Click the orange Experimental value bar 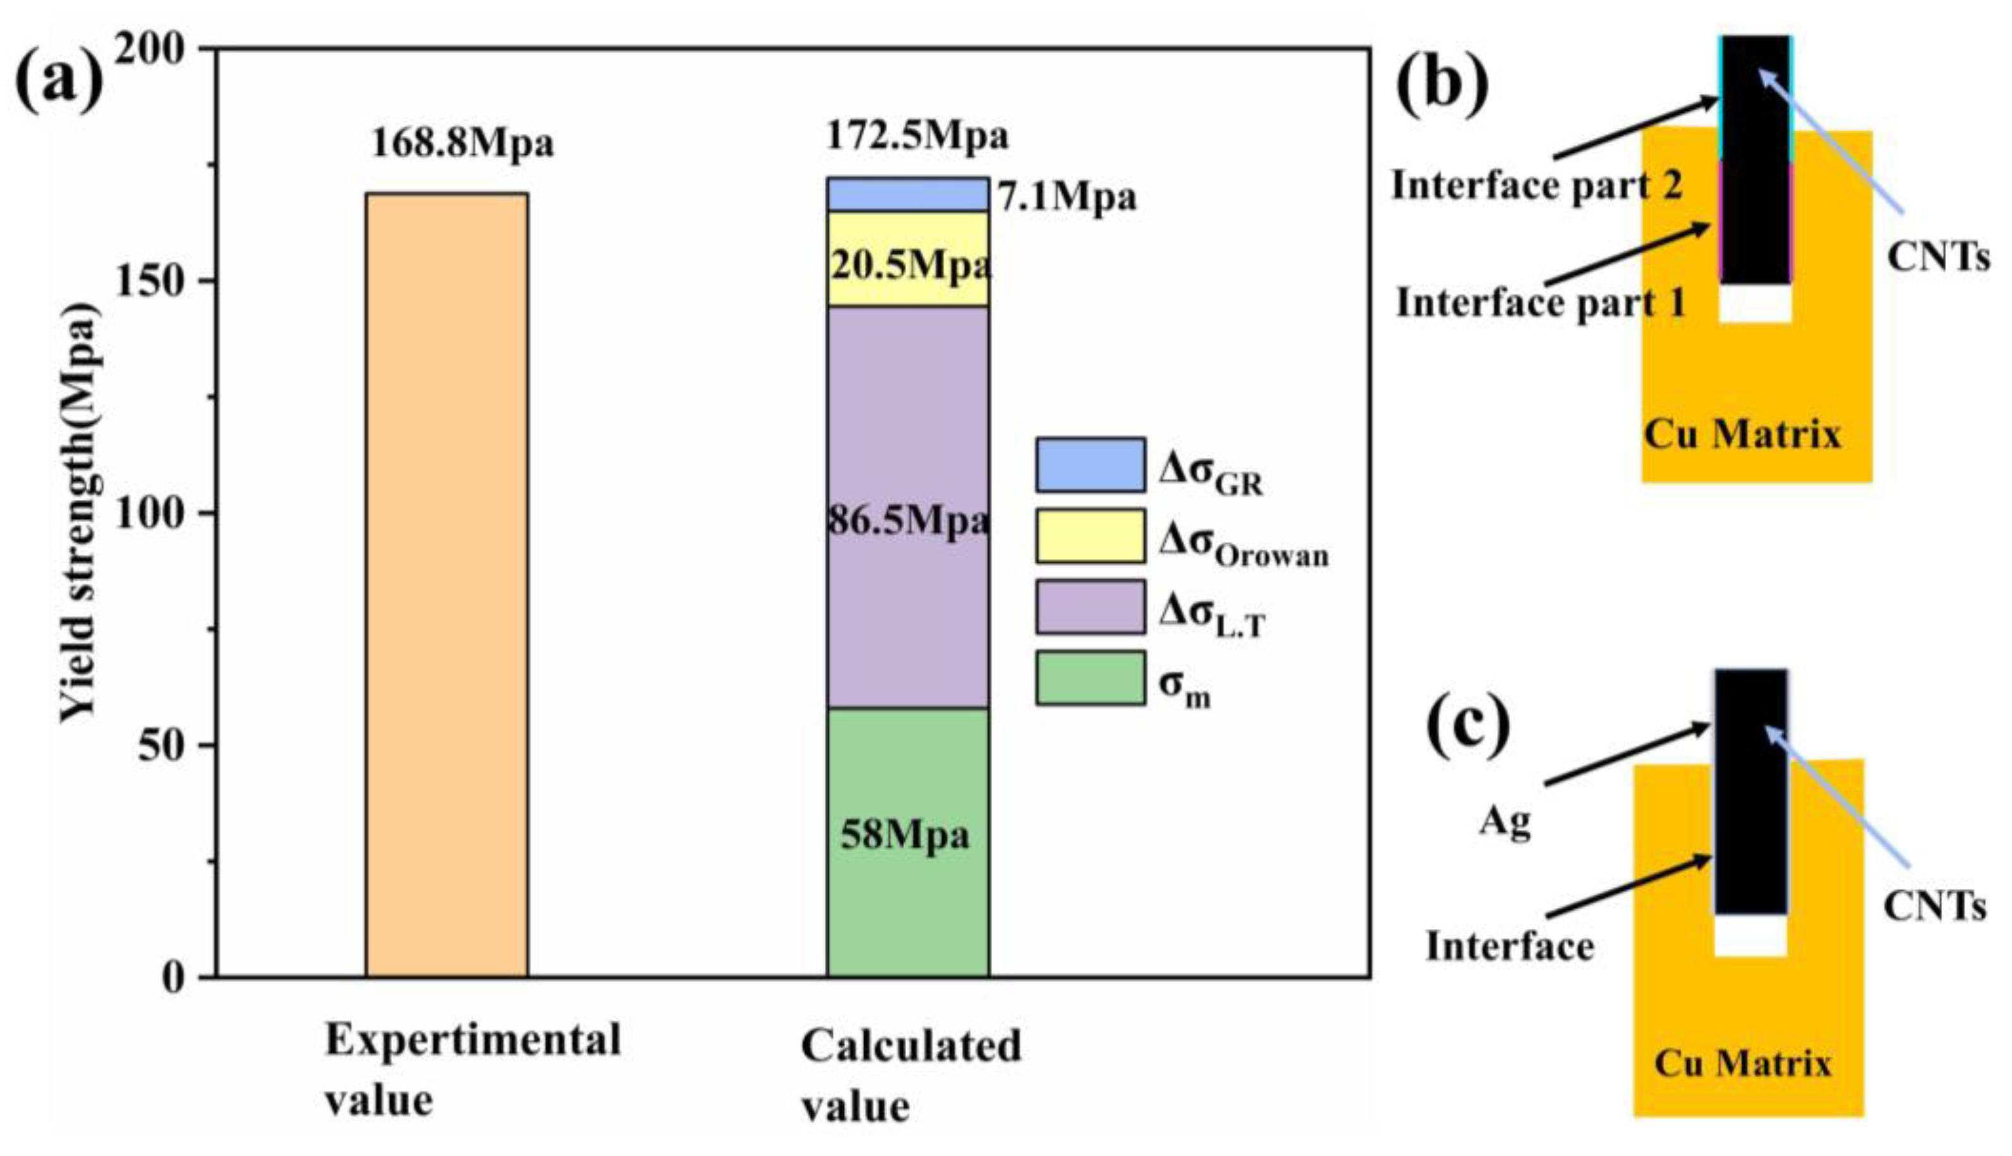[x=446, y=584]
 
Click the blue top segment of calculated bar [x=907, y=194]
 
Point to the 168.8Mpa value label [x=462, y=143]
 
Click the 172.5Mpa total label [x=917, y=136]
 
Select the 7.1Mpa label [x=1067, y=197]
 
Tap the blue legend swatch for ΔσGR [x=1089, y=464]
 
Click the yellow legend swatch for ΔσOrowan [x=1089, y=536]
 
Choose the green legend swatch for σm [x=1089, y=677]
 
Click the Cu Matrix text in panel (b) [x=1741, y=435]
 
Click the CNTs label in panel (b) [x=1937, y=256]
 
